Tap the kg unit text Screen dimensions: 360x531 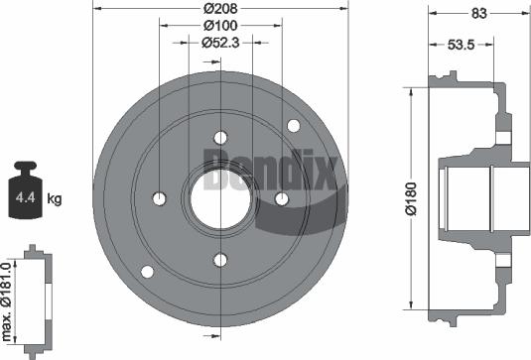pyautogui.click(x=55, y=199)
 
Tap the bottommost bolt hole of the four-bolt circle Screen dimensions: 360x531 pyautogui.click(x=219, y=261)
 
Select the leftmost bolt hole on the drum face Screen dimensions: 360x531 pyautogui.click(x=159, y=199)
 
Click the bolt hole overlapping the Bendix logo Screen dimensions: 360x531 pyautogui.click(x=281, y=199)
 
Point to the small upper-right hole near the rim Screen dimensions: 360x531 pyautogui.click(x=293, y=126)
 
